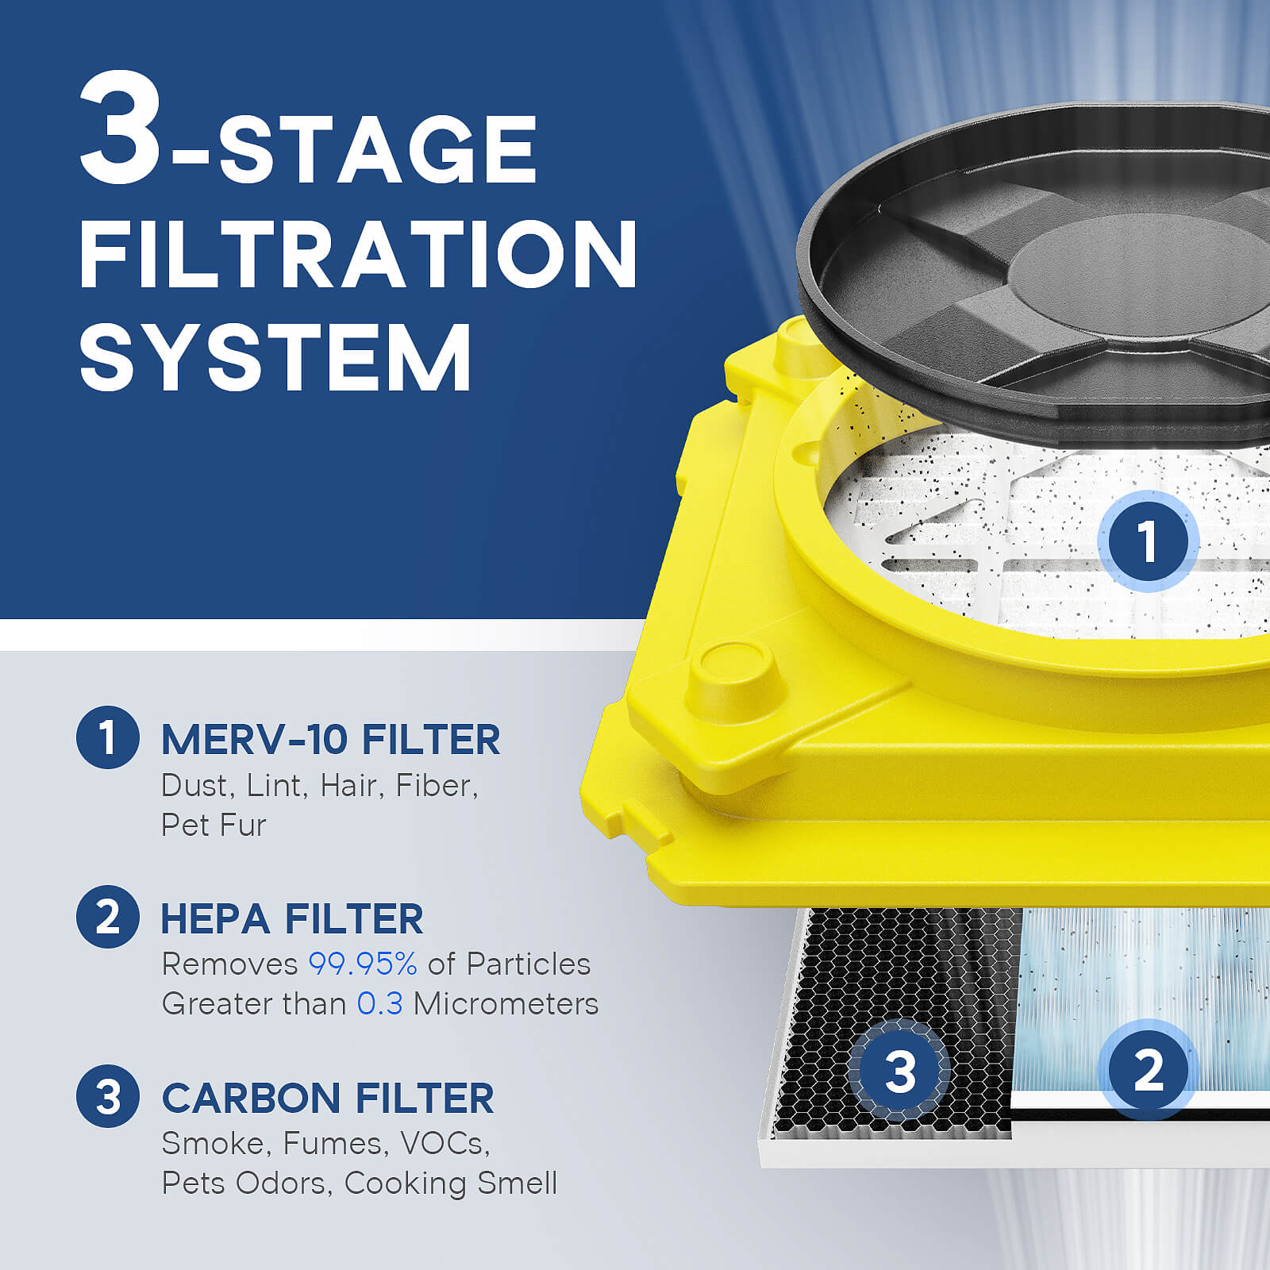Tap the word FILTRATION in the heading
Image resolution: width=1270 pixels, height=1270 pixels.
[x=357, y=254]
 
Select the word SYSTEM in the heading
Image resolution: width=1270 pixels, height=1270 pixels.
[x=275, y=357]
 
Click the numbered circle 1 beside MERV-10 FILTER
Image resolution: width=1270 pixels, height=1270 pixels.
[x=108, y=737]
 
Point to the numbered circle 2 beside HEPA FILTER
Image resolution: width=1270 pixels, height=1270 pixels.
[x=108, y=917]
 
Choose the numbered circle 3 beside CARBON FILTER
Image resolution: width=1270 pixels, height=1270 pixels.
[x=108, y=1096]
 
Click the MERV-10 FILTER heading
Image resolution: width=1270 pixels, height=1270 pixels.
[x=330, y=740]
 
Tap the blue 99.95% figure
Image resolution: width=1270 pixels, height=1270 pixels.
[x=363, y=964]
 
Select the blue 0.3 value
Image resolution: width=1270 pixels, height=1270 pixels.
[x=379, y=1003]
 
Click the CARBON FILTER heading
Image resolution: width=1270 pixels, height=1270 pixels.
[x=327, y=1099]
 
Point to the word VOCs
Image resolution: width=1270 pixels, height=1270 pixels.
[x=444, y=1143]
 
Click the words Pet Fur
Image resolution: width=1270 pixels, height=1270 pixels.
[x=213, y=825]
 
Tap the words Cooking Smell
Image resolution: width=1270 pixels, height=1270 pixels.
[x=451, y=1183]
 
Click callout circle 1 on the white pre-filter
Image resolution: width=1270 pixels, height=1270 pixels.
[x=1147, y=541]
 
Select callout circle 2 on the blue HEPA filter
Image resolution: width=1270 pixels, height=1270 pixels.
[x=1148, y=1069]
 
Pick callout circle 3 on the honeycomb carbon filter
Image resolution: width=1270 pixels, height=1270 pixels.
[x=899, y=1071]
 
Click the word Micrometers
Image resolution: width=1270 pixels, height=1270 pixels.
[x=506, y=1003]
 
